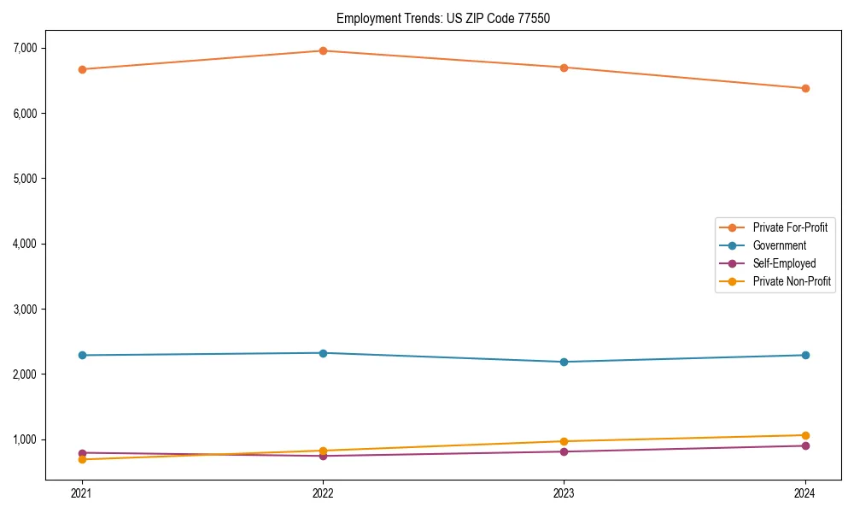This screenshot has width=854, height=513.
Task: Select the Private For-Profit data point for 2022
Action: (x=323, y=50)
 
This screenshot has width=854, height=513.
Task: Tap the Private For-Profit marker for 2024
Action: (x=805, y=88)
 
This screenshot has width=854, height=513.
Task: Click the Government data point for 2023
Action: (x=564, y=362)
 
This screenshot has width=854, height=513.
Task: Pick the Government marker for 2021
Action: (x=82, y=355)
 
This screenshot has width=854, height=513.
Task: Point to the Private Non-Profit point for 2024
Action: (x=805, y=435)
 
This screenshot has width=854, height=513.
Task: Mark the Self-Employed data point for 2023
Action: (x=564, y=451)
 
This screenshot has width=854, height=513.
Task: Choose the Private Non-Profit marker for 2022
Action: (x=323, y=451)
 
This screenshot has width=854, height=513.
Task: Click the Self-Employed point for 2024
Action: (x=805, y=445)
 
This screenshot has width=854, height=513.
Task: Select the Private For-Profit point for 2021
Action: (x=82, y=69)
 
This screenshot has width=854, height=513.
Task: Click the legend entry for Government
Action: (x=779, y=245)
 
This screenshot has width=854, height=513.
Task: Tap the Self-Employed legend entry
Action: (x=784, y=263)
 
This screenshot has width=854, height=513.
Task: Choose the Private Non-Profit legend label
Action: (x=792, y=281)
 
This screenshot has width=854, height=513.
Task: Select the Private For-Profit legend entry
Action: (x=790, y=227)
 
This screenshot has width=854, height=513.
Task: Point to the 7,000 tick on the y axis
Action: (x=25, y=48)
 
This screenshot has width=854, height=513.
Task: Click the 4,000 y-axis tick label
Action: (x=25, y=244)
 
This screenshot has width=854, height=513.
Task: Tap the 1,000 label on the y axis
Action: (x=25, y=439)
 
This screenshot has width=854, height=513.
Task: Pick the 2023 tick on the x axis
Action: (x=564, y=492)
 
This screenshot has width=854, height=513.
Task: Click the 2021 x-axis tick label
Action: (x=82, y=492)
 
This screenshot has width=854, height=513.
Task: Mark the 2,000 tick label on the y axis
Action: (x=25, y=374)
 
